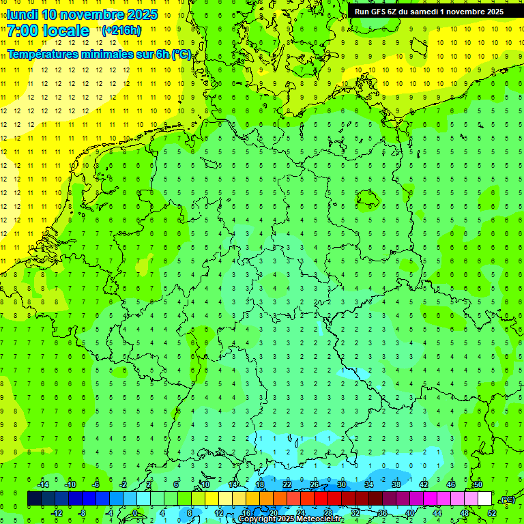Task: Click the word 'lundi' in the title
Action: click(x=22, y=14)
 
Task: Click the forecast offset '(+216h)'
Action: click(x=121, y=30)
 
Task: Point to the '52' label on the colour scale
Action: click(x=492, y=513)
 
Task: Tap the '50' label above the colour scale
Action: click(x=478, y=484)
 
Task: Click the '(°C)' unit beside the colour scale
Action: click(x=507, y=499)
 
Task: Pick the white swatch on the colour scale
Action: click(x=485, y=499)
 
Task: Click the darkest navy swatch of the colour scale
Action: click(x=34, y=499)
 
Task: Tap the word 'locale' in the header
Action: click(x=65, y=31)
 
